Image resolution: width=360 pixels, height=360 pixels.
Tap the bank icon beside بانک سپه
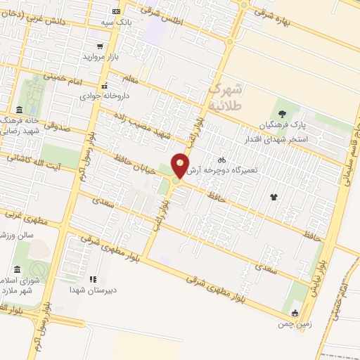tap(116, 12)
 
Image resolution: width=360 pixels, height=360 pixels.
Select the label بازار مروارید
tap(103, 56)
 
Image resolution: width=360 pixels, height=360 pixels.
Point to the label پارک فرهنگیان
tap(264, 124)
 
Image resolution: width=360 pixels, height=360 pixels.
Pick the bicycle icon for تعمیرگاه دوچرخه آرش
tap(221, 160)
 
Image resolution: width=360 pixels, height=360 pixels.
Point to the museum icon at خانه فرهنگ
tap(18, 110)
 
